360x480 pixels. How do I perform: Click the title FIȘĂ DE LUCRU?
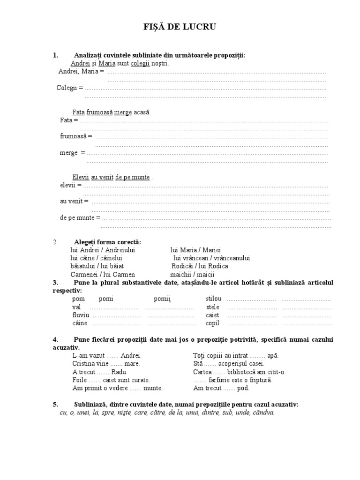180,28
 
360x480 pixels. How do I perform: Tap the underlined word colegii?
140,63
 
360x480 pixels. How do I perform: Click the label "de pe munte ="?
80,217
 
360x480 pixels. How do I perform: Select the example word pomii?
163,299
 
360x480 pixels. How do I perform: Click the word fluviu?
80,315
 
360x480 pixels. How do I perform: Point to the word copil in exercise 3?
212,323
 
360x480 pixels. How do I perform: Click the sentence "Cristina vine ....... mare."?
106,363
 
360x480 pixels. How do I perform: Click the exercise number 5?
55,404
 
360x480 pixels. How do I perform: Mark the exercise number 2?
55,242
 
